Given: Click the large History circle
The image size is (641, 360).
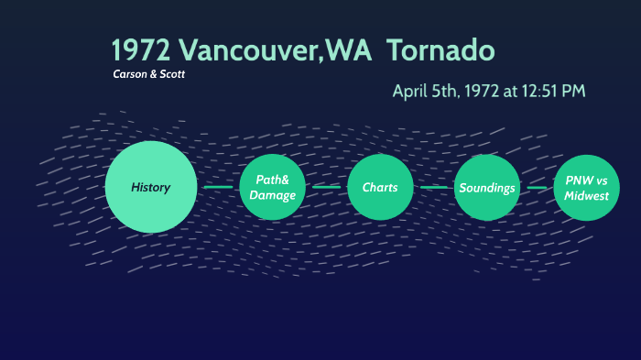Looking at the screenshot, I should [x=151, y=187].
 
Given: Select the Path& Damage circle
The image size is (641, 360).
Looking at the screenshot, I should [x=272, y=188].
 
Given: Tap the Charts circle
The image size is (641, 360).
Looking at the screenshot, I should [x=380, y=188].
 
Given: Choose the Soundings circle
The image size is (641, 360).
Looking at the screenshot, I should [x=487, y=188].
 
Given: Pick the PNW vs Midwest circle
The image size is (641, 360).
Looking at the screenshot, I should [x=586, y=188].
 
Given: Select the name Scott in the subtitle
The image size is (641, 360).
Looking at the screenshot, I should [x=172, y=74].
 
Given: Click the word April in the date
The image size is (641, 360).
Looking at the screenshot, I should [x=411, y=91].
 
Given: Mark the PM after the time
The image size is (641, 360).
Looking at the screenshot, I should [x=573, y=91].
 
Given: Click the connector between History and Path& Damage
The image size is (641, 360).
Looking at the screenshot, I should [x=218, y=188].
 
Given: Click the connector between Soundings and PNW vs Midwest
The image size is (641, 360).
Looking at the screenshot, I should [x=538, y=188].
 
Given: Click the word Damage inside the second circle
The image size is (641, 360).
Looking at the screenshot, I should [x=272, y=195].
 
